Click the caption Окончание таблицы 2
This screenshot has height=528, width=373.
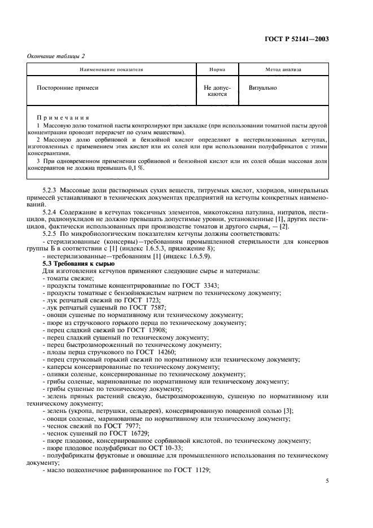point(56,56)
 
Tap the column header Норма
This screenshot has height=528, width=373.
point(217,70)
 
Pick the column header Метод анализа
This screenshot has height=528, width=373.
point(283,70)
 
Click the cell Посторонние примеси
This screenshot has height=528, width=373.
point(68,88)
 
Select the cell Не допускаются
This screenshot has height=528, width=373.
point(217,91)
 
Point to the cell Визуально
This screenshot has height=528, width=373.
point(262,88)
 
